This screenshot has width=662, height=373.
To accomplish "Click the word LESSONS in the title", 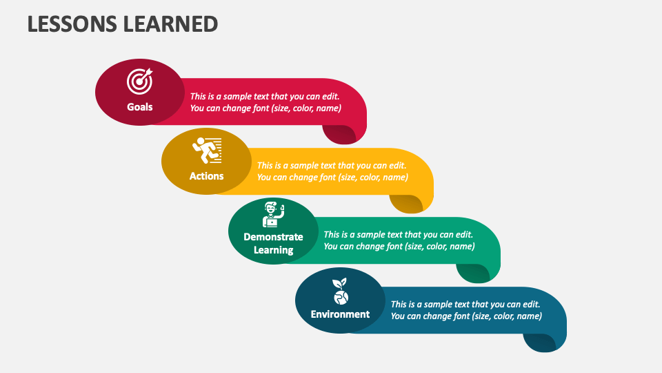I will (71, 23).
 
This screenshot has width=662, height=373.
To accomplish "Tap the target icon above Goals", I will (140, 81).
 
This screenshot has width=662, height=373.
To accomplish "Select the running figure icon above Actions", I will (207, 150).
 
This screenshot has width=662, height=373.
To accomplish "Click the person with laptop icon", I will (273, 215).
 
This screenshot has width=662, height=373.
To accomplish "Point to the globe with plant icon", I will (340, 291).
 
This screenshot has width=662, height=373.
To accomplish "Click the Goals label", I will (140, 107).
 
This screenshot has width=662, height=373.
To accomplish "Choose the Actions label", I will (207, 176).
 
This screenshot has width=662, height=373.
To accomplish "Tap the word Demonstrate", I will (273, 237).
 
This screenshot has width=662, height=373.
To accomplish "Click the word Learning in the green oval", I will (273, 250).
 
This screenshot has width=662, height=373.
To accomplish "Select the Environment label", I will (340, 314).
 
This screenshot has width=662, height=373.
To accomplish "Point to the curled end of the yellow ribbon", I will (406, 203).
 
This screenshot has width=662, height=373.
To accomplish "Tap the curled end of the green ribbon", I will (473, 273).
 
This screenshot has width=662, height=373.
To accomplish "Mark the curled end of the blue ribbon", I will (540, 342).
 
